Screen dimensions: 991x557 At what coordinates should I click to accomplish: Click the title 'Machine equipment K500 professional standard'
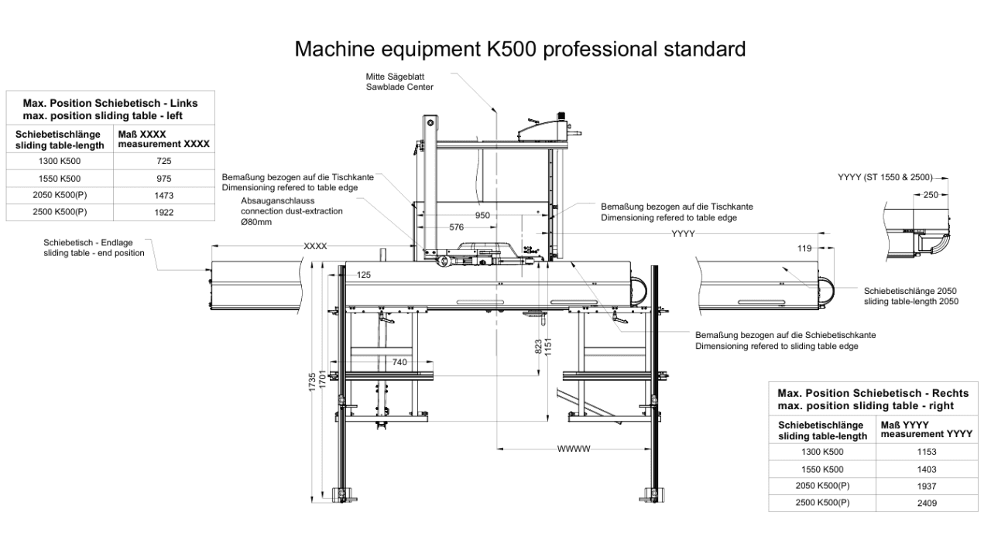520,49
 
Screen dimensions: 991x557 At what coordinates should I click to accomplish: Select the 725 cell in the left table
163,161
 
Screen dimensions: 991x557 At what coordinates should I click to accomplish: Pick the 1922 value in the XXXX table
163,213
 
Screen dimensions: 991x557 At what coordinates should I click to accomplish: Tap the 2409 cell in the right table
927,503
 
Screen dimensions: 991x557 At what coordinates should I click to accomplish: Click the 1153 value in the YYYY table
927,452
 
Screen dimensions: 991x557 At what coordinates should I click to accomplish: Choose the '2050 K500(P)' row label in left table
60,195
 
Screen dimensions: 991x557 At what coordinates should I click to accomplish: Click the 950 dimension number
482,215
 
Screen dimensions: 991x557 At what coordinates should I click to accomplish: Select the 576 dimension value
457,227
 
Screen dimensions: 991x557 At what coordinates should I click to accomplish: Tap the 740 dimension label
399,363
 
